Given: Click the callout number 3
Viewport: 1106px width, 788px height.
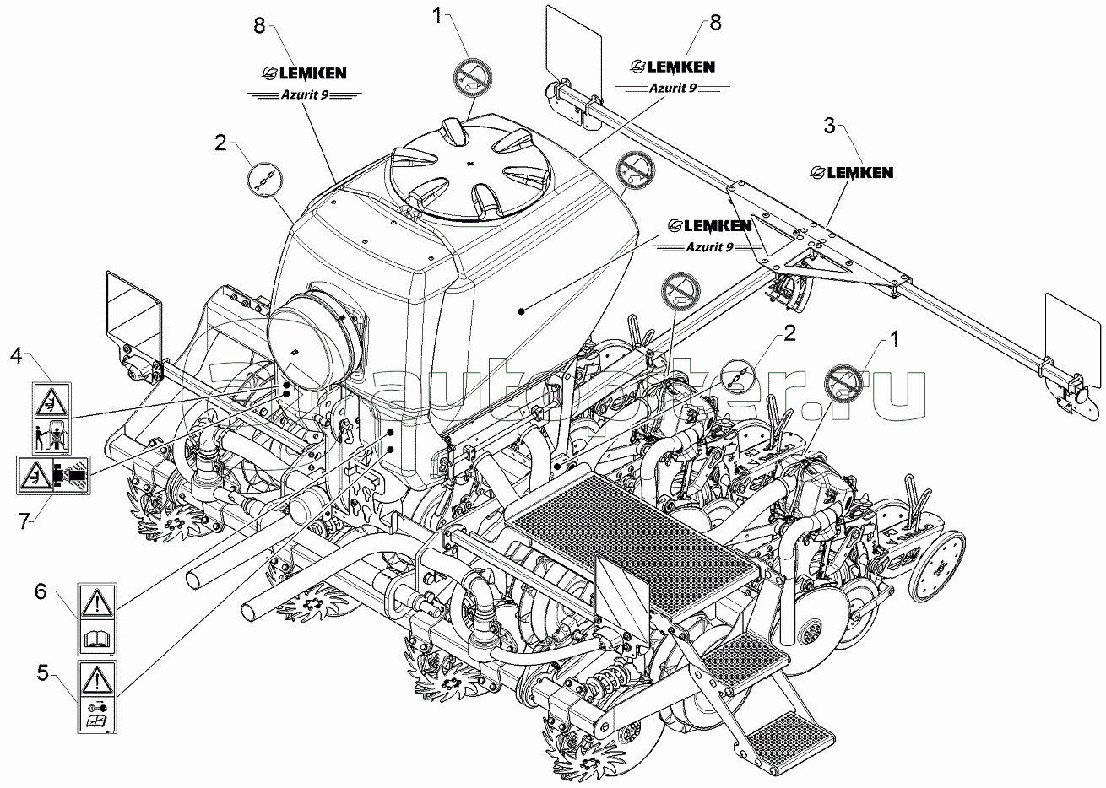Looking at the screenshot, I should tap(830, 126).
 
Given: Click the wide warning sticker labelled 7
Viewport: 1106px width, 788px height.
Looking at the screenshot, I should tap(53, 476).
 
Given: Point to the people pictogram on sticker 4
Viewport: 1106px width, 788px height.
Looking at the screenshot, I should tap(52, 438).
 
